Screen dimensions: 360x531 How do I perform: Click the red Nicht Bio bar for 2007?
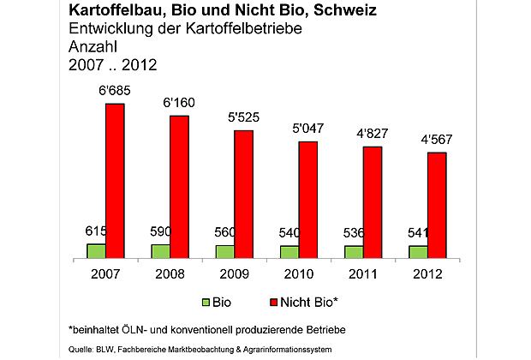point(115,180)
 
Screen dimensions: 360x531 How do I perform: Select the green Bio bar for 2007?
point(95,250)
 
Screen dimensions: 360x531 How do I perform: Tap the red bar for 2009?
point(243,194)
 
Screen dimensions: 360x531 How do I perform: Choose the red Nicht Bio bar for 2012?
point(436,205)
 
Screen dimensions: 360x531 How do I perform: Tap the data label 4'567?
point(438,140)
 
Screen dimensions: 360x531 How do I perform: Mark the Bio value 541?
point(417,232)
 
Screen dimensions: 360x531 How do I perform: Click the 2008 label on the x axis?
point(170,274)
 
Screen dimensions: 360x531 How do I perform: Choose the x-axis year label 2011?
point(363,274)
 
